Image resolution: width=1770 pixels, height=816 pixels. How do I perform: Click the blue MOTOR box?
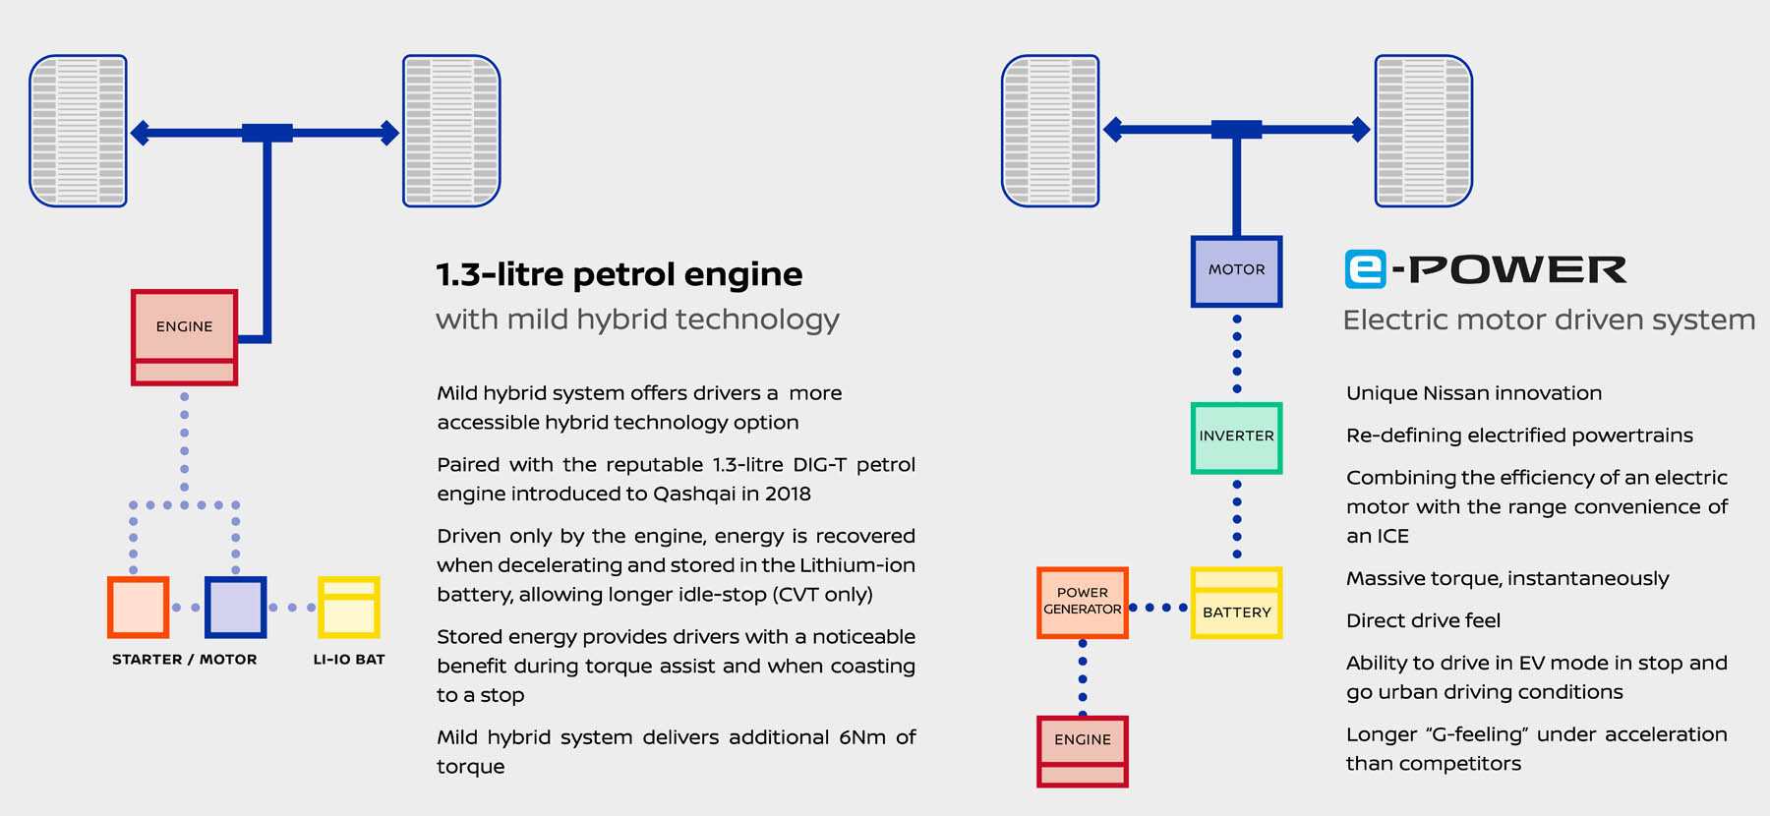(1236, 271)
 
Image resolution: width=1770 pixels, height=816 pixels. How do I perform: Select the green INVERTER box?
(1236, 437)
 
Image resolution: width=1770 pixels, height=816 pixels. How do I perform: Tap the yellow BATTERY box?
(1236, 603)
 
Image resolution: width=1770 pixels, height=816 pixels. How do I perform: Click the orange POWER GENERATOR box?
(1083, 603)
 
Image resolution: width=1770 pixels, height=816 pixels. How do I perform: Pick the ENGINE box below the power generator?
(1083, 751)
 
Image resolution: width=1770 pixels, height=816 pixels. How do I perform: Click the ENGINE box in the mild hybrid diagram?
(184, 337)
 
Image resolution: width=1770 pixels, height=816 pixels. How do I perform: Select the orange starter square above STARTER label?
(138, 607)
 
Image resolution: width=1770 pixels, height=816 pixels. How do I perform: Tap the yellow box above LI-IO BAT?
(349, 607)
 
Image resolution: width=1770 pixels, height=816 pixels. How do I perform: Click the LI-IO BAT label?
(349, 660)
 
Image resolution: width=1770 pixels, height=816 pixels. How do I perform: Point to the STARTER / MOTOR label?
(185, 660)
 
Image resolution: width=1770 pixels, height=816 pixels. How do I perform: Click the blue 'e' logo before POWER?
(1366, 269)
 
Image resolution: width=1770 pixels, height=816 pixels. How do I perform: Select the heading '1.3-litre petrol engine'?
(619, 274)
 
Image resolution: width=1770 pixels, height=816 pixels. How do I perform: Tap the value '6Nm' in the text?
(862, 737)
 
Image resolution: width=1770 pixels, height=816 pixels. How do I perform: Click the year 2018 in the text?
(787, 494)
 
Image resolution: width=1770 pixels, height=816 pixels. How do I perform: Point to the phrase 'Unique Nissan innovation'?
(1474, 393)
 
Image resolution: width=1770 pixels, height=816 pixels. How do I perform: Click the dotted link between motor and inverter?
(1237, 355)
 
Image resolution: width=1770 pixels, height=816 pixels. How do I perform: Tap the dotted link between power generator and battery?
(1159, 608)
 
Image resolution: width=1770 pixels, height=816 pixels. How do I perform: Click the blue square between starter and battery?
(235, 607)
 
